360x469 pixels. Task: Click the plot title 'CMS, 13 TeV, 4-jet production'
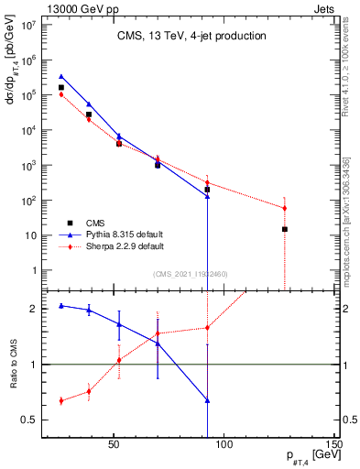[191, 37]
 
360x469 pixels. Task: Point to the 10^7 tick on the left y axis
[27, 25]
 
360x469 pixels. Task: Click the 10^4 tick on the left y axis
[27, 130]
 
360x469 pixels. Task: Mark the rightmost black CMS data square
[285, 229]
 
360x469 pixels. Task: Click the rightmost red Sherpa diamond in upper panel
[285, 208]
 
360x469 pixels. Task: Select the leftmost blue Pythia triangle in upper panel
[61, 77]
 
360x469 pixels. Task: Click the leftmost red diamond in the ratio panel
[61, 400]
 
